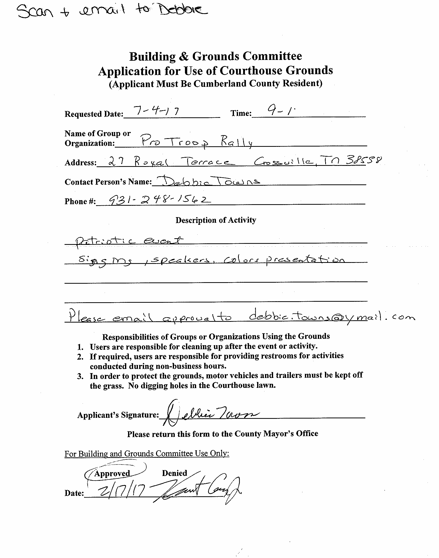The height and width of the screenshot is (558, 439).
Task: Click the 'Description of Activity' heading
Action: pos(216,220)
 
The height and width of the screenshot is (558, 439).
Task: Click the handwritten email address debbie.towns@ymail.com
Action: pos(332,318)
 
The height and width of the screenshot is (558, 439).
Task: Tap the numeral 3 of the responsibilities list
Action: pos(80,377)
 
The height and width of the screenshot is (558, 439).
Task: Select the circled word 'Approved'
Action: pos(112,473)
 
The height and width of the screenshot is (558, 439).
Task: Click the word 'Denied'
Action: pos(174,473)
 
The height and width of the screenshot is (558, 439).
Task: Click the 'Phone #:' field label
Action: pos(80,202)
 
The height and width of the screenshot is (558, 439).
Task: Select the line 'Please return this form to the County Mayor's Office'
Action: pos(223,434)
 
